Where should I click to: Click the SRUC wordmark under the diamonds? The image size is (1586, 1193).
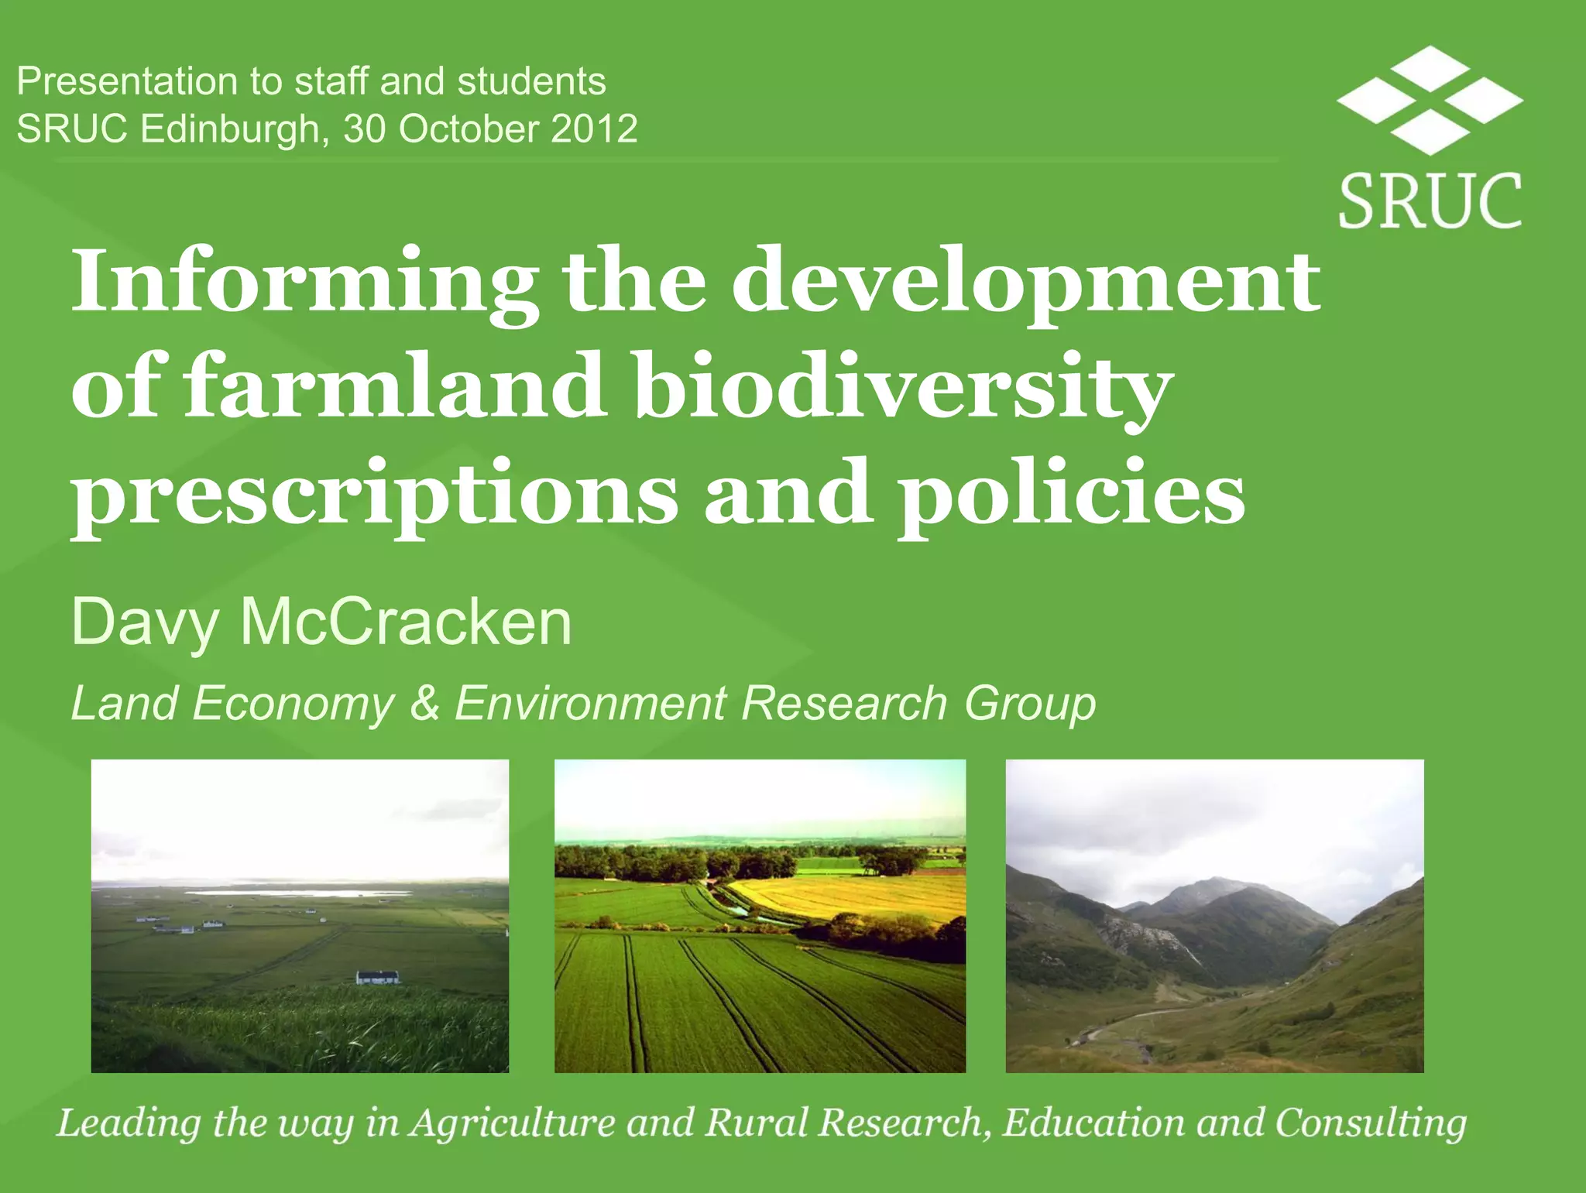(1430, 201)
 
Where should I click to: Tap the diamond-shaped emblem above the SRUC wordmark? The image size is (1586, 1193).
(1430, 99)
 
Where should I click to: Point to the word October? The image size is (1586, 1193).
(469, 129)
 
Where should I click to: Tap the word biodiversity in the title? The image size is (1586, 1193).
(902, 387)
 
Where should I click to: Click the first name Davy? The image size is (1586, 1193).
(144, 624)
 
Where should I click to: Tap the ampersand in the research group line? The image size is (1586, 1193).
(424, 704)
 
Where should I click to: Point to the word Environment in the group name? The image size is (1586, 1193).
(590, 704)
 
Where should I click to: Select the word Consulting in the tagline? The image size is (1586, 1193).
(1371, 1123)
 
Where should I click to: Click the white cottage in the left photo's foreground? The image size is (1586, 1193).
(377, 977)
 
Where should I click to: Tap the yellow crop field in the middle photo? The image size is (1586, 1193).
(860, 898)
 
